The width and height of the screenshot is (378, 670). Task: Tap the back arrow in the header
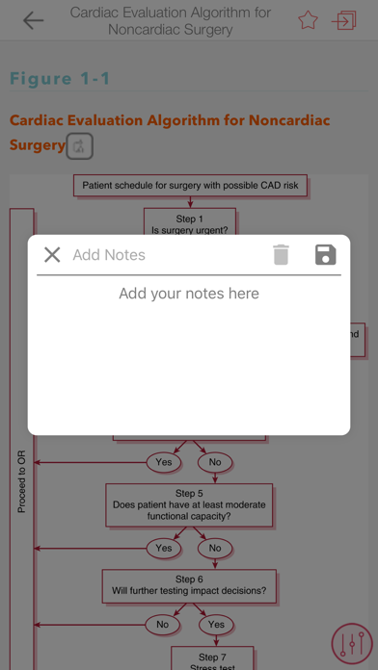[x=33, y=20]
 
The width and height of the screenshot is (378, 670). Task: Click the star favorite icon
[x=308, y=20]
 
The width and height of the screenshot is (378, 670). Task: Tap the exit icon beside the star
[x=343, y=20]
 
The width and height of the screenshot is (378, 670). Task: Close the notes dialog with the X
[x=52, y=255]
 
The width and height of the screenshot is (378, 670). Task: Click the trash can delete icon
[x=281, y=255]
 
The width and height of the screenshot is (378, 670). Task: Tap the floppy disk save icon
[x=326, y=255]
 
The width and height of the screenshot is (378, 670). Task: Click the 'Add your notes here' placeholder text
[x=189, y=294]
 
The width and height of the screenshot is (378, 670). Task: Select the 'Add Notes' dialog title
[x=109, y=255]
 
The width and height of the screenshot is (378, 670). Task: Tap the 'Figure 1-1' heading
[x=60, y=78]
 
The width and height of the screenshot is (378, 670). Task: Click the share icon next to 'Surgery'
[x=80, y=146]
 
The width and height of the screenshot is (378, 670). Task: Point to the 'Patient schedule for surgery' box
[x=191, y=186]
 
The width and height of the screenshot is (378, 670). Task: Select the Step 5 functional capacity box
[x=189, y=504]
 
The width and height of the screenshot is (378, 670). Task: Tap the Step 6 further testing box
[x=189, y=586]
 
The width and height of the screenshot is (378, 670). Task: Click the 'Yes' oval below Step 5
[x=164, y=548]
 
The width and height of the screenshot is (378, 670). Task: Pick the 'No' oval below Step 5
[x=215, y=548]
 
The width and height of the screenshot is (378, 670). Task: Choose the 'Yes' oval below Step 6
[x=216, y=625]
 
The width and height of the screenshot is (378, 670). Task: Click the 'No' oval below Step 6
[x=162, y=625]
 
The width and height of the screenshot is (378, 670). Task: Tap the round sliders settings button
[x=352, y=644]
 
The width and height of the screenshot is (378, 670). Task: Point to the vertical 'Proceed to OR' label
[x=21, y=481]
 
